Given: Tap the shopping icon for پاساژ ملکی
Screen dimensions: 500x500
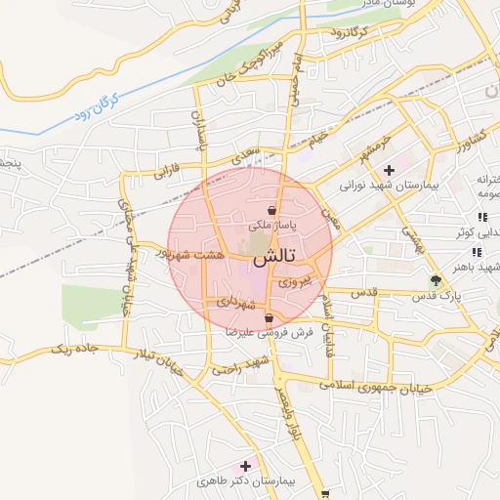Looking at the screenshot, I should pos(271,210).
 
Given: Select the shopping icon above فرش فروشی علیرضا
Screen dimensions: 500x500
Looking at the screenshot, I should pos(269,318).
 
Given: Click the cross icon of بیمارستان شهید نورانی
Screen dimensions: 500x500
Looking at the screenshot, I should pos(389,170).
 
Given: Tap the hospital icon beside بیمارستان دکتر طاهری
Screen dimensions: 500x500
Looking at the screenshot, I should pos(244,466).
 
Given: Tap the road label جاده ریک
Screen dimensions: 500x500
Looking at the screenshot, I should pos(74,349).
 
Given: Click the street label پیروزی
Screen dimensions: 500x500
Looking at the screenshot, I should pos(296,281).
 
